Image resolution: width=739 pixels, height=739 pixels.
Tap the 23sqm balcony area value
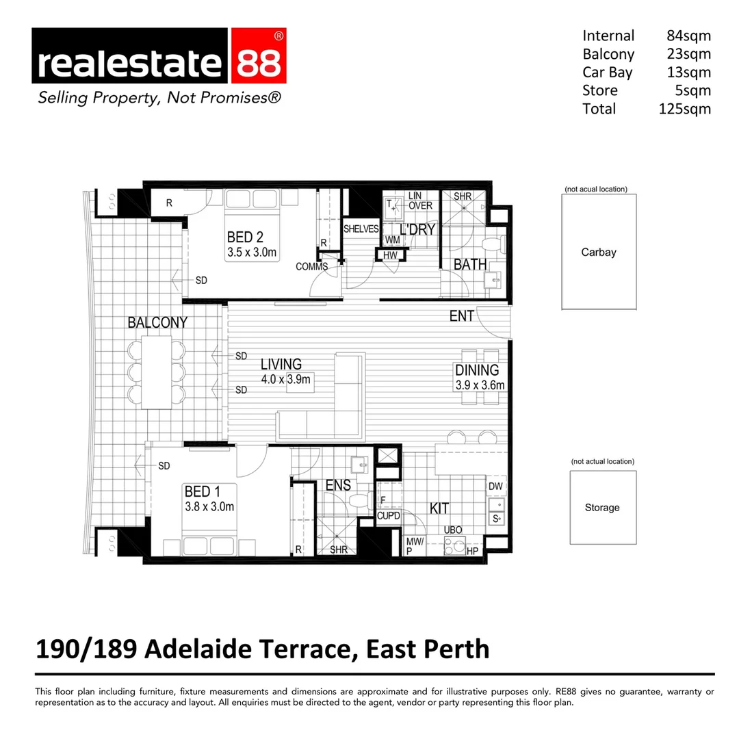click(688, 54)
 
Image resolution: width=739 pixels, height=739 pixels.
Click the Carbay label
click(599, 252)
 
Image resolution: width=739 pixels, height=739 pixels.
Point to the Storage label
click(602, 508)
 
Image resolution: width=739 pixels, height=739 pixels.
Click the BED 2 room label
click(245, 238)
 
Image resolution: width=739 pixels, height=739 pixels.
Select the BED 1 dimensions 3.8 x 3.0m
click(209, 507)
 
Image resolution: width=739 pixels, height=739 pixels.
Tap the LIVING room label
click(281, 365)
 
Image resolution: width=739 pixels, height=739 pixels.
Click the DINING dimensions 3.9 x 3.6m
click(480, 385)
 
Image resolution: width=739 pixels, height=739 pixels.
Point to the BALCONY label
click(157, 323)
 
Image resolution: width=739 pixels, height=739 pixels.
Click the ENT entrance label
click(462, 316)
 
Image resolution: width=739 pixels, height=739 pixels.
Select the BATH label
click(471, 264)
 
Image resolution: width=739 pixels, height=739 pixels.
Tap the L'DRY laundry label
click(417, 229)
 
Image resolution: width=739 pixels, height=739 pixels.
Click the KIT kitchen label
click(439, 508)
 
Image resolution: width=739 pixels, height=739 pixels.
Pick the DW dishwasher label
click(495, 487)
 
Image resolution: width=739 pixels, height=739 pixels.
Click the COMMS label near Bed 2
click(311, 267)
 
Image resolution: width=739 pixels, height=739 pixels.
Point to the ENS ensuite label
click(338, 485)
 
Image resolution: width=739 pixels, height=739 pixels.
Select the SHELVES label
click(361, 229)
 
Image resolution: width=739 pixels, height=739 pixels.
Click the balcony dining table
click(157, 373)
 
